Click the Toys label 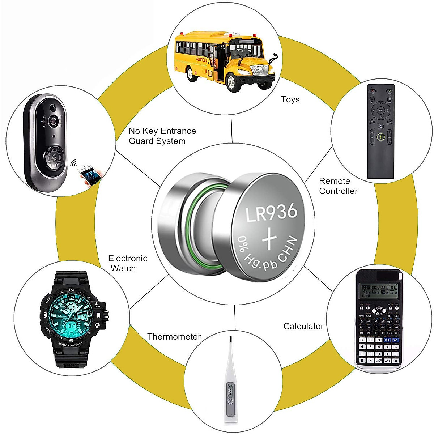coord(290,99)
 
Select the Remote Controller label coord(338,186)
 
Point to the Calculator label coord(303,326)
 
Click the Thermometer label coord(174,337)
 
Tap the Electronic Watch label coord(127,263)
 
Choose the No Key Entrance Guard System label coord(162,136)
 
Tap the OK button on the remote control coord(380,110)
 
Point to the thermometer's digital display coord(230,392)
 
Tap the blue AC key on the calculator coord(396,340)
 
